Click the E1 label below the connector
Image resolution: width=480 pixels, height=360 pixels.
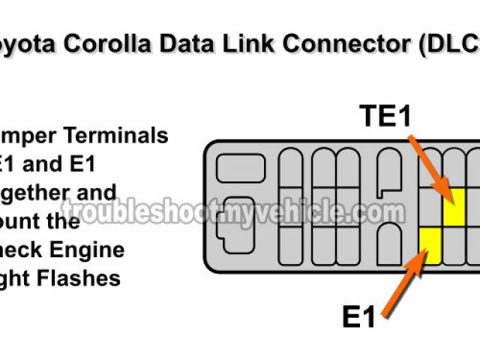[360, 317]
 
